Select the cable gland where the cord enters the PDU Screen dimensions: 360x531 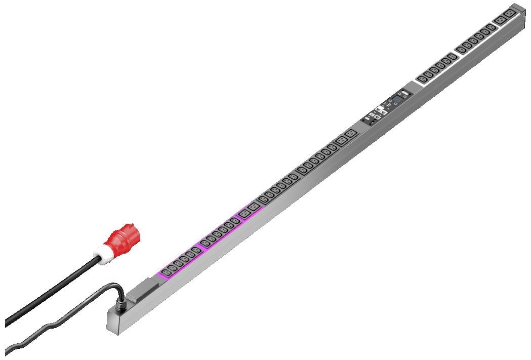(x=122, y=304)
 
